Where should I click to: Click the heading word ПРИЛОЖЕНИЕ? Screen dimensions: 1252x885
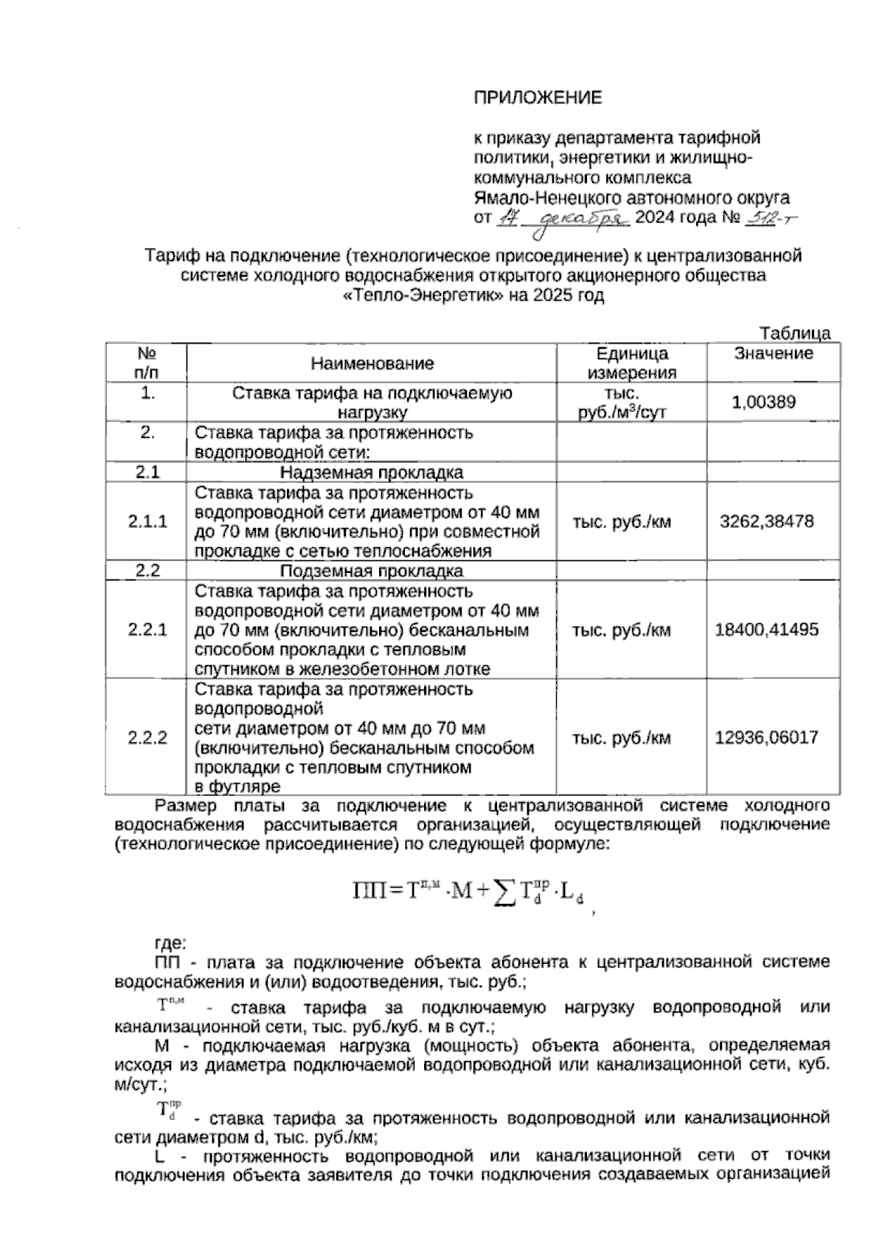tap(537, 97)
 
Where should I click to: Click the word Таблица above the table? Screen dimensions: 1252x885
tap(795, 333)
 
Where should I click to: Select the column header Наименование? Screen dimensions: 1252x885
tap(372, 363)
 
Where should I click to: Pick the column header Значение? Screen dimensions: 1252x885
tap(773, 353)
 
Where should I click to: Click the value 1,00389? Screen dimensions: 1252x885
tap(763, 402)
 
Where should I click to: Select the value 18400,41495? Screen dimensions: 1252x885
tap(766, 630)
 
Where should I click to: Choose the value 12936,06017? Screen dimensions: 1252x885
tap(766, 737)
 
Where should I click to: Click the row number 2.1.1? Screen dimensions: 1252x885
tap(147, 521)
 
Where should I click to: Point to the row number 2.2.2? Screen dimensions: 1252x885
tap(147, 737)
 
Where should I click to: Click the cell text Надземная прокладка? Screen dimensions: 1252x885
tap(372, 473)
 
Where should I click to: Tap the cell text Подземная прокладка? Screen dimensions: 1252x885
tap(372, 571)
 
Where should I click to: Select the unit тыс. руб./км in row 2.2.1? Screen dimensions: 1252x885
tap(622, 630)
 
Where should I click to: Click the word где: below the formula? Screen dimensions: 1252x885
tap(170, 942)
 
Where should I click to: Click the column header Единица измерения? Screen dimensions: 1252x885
tap(631, 363)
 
